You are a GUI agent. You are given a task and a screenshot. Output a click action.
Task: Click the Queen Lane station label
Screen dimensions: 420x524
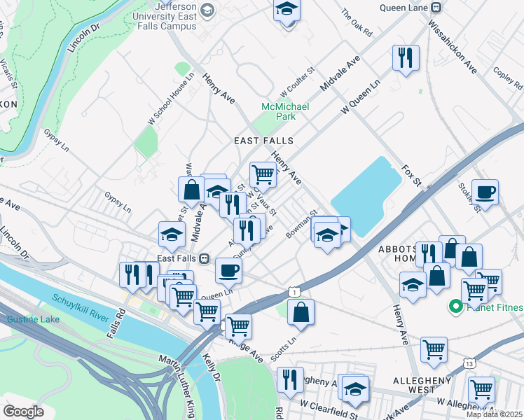coord(404,8)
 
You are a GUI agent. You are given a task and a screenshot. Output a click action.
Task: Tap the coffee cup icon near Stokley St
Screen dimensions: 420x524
coord(485,192)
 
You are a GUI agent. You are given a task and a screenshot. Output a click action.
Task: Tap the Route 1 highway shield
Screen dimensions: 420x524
coord(298,290)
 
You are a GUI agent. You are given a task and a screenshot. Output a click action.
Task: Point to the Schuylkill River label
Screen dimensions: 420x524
coord(81,308)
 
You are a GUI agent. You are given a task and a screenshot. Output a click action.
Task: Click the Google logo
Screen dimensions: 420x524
coord(23,411)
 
